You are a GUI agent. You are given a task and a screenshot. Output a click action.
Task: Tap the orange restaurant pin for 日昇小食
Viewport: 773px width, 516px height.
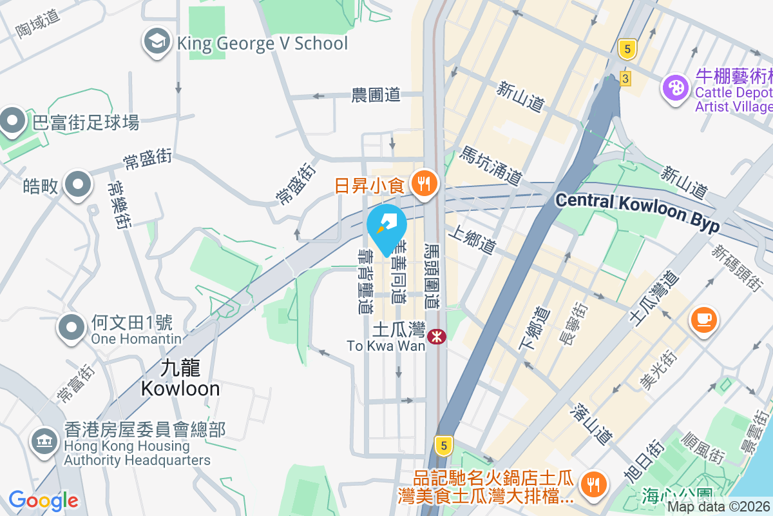[423, 184]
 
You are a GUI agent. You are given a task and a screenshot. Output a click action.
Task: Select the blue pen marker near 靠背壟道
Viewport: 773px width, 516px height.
[386, 226]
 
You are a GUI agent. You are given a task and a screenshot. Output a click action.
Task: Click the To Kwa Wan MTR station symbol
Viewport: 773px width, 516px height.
[436, 335]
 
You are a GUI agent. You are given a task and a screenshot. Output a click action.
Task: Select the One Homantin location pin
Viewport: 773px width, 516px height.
[72, 328]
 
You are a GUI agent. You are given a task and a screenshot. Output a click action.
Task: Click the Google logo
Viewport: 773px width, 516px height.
[43, 500]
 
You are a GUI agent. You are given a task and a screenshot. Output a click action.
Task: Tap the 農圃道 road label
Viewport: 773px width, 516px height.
[376, 95]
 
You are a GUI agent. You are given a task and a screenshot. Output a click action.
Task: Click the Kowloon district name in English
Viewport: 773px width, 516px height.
[180, 388]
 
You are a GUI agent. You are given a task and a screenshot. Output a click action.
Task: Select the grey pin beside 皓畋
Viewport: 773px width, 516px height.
[79, 184]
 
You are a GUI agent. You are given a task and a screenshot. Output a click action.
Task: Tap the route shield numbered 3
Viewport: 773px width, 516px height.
[625, 78]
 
